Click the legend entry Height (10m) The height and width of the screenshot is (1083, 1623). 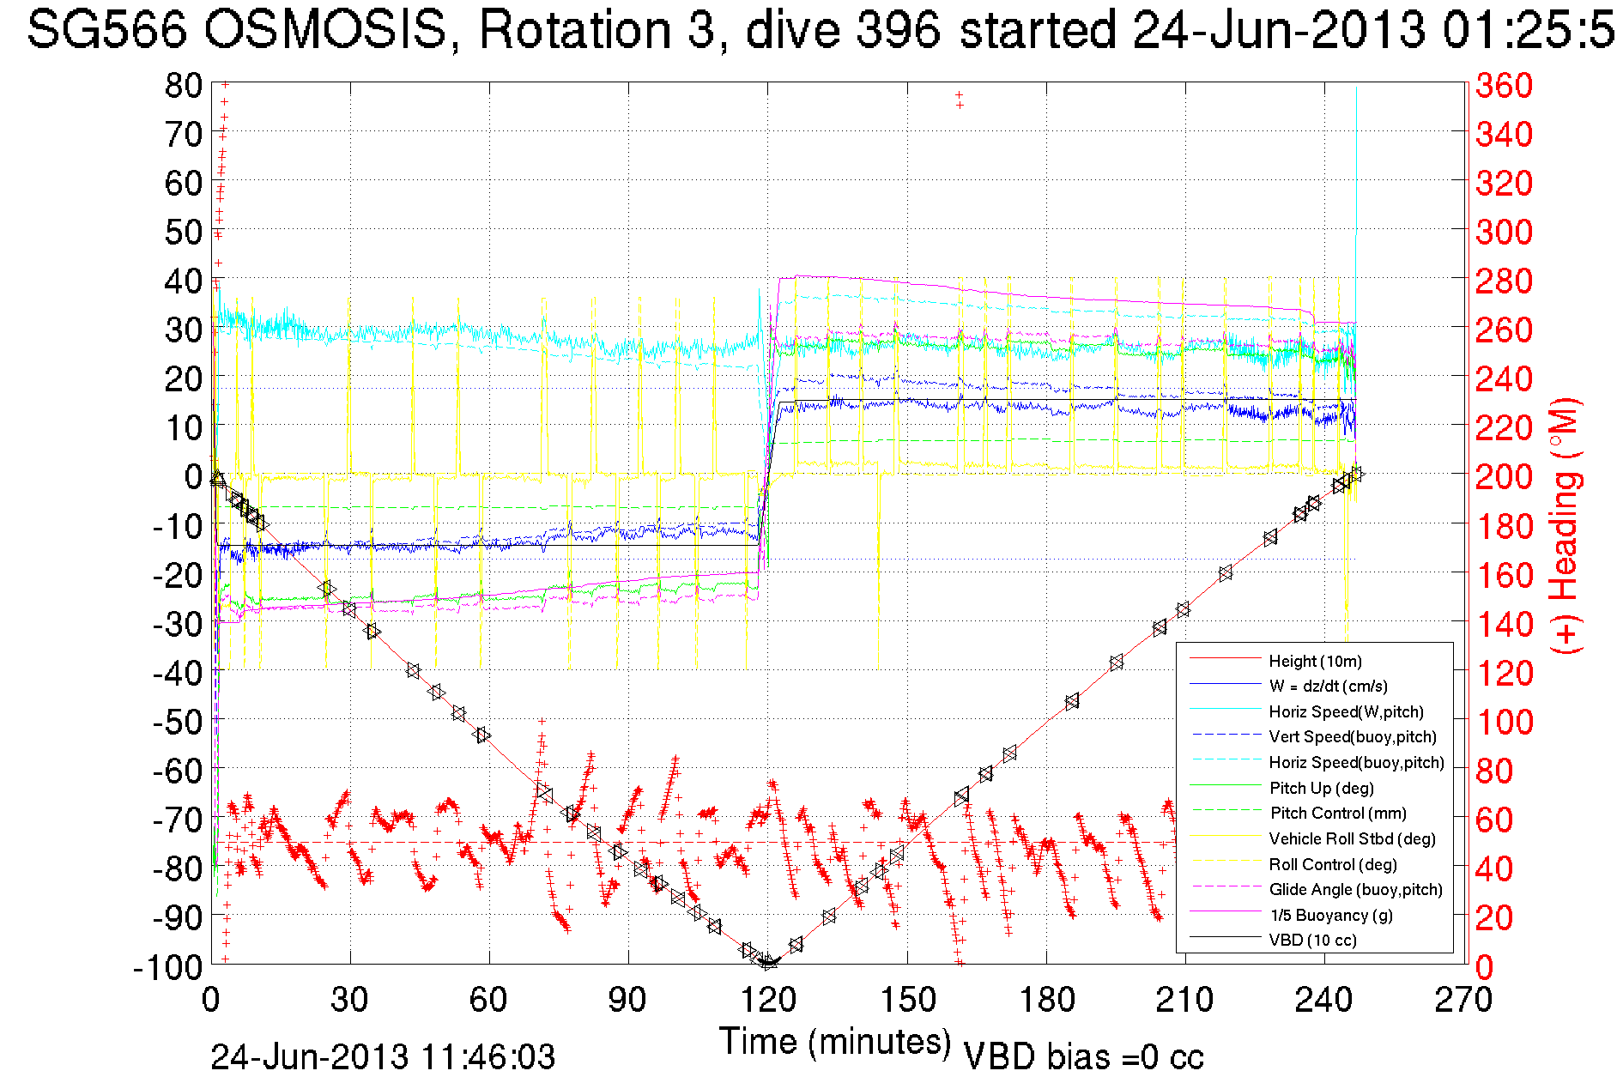[x=1315, y=661]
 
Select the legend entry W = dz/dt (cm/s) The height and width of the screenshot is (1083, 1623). [x=1328, y=686]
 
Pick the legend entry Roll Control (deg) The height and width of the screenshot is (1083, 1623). [x=1333, y=864]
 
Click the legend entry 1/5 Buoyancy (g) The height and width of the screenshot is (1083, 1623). [x=1330, y=915]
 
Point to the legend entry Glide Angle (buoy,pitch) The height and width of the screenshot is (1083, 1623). [x=1355, y=889]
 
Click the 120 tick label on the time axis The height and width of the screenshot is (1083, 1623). [x=767, y=1000]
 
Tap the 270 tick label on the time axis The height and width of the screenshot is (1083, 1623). [x=1463, y=1000]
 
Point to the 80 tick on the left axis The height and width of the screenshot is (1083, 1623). [x=184, y=85]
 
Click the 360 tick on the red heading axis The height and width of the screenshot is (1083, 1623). [x=1504, y=85]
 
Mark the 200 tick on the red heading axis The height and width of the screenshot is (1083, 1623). [x=1504, y=476]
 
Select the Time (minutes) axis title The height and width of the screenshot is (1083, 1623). [x=835, y=1042]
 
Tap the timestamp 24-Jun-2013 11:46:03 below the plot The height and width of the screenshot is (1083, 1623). [x=383, y=1056]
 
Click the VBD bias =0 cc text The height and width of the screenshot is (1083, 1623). [x=1083, y=1057]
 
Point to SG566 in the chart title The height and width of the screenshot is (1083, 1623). [x=106, y=31]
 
